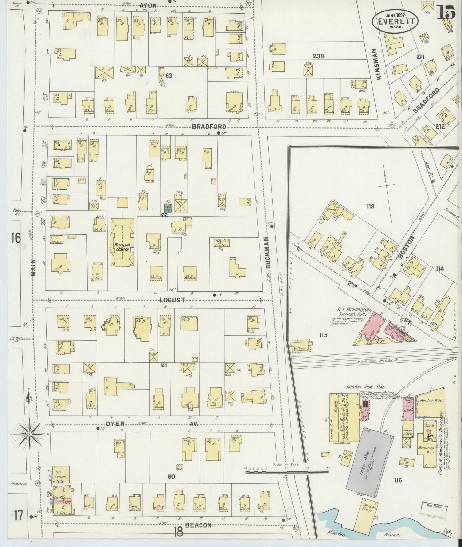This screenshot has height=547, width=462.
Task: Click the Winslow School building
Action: point(122,243)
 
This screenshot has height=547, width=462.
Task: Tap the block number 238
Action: point(318,56)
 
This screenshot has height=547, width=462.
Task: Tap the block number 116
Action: point(397,480)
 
